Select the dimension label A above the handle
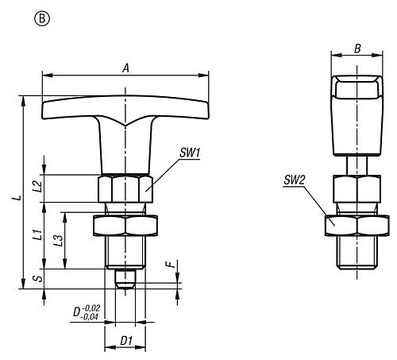pyautogui.click(x=125, y=68)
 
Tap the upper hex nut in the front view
pyautogui.click(x=124, y=189)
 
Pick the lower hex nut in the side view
pyautogui.click(x=355, y=226)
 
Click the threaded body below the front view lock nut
pyautogui.click(x=124, y=253)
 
